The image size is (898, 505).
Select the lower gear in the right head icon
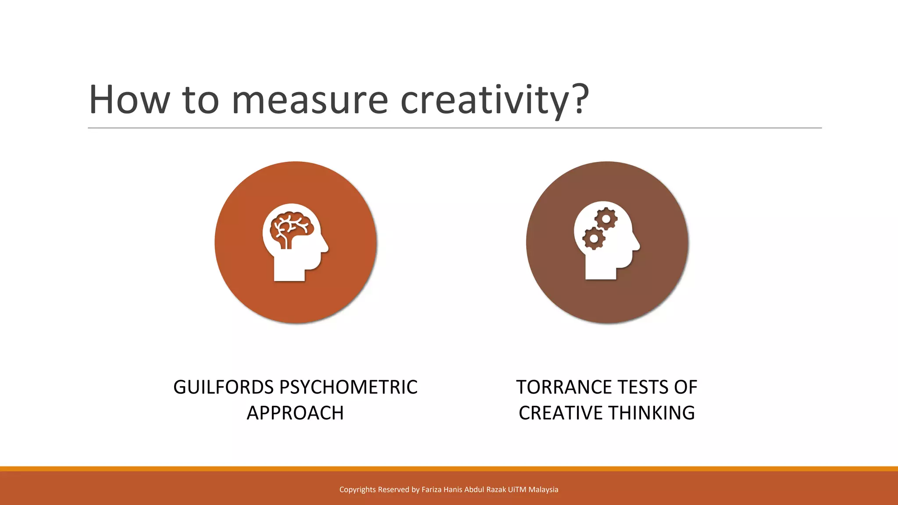click(594, 238)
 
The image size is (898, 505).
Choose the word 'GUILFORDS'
click(224, 388)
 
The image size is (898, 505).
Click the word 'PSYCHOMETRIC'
click(348, 388)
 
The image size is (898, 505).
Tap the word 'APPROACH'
click(295, 413)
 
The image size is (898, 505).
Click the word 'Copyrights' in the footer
click(357, 490)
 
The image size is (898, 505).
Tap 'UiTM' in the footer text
click(517, 490)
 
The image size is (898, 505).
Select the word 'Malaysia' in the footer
click(543, 490)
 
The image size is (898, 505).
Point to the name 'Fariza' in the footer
click(432, 490)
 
